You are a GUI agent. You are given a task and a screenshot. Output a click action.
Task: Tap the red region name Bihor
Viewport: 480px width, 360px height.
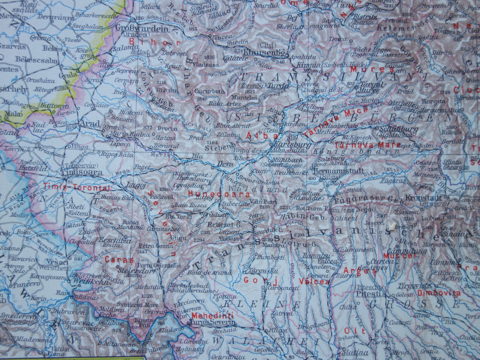tap(154, 43)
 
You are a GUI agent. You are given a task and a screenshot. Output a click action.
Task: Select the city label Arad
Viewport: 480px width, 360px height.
tap(90, 124)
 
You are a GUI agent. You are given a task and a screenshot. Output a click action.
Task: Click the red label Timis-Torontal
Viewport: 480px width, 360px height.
tap(76, 188)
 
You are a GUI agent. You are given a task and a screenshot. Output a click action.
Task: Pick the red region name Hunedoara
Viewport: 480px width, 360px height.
tap(219, 194)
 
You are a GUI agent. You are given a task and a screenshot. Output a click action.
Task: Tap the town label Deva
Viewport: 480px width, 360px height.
tap(224, 164)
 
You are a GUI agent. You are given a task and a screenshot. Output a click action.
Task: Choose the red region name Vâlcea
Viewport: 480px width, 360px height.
tap(314, 282)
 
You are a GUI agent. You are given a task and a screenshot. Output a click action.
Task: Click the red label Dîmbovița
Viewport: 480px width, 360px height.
tap(439, 293)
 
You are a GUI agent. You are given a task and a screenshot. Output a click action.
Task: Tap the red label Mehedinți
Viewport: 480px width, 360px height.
tap(213, 315)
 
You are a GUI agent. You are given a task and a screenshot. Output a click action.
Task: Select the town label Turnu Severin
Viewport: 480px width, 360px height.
tap(212, 322)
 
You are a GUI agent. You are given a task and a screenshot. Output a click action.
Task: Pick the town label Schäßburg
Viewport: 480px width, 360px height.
tap(394, 129)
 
